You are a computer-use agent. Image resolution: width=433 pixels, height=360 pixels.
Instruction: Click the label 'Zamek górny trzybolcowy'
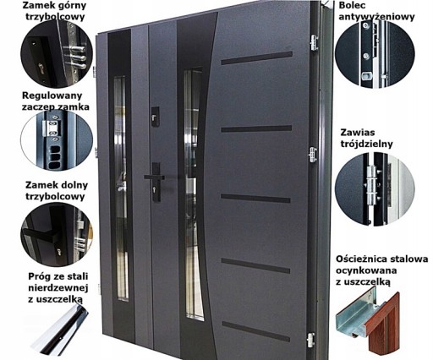pyautogui.click(x=55, y=11)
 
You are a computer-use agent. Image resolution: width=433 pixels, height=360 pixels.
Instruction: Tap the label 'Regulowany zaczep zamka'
pyautogui.click(x=56, y=101)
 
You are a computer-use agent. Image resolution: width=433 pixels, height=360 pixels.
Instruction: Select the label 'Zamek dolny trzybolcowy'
pyautogui.click(x=57, y=191)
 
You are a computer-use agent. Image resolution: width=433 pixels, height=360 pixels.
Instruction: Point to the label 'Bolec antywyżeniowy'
pyautogui.click(x=376, y=11)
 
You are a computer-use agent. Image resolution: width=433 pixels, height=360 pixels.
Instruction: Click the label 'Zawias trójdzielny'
pyautogui.click(x=366, y=138)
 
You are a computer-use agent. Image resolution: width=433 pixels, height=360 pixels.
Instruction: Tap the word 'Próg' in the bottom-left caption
pyautogui.click(x=39, y=277)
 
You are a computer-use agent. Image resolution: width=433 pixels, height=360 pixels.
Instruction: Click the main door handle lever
pyautogui.click(x=154, y=177)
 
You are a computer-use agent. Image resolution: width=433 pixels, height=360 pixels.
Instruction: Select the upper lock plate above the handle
pyautogui.click(x=155, y=117)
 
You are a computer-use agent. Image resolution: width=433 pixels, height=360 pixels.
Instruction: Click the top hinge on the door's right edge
pyautogui.click(x=314, y=42)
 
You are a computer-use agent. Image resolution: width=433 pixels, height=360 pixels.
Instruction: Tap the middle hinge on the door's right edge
pyautogui.click(x=313, y=155)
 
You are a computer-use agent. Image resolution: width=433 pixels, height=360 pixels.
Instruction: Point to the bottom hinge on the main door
pyautogui.click(x=310, y=340)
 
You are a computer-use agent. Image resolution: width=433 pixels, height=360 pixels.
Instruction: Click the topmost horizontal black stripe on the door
pyautogui.click(x=256, y=58)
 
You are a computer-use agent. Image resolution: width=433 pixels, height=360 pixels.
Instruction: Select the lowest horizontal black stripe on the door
pyautogui.click(x=255, y=331)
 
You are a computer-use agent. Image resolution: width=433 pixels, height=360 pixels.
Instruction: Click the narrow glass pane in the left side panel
pyautogui.click(x=121, y=188)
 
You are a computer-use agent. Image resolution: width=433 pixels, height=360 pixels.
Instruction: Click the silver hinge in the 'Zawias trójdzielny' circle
pyautogui.click(x=372, y=185)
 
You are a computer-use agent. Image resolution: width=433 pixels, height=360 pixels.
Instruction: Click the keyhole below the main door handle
pyautogui.click(x=156, y=188)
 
